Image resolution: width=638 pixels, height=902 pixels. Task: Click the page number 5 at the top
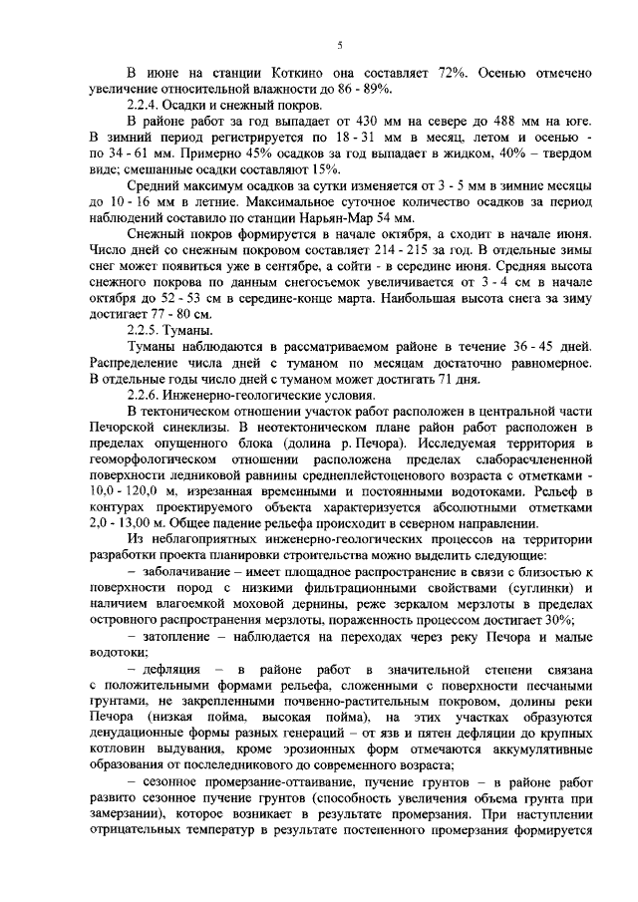(339, 45)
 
